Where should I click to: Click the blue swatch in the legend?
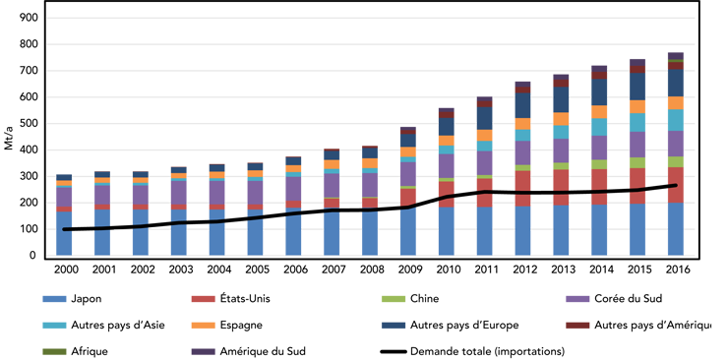point(35,299)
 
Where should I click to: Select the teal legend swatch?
point(35,325)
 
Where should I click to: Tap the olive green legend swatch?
point(35,347)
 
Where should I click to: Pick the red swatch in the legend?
point(197,297)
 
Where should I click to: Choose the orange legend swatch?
point(197,325)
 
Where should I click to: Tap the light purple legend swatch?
point(565,296)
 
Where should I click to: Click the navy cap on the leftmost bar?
point(65,171)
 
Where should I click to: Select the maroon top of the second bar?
point(101,166)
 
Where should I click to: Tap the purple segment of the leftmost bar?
point(65,195)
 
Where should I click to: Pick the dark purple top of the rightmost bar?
point(674,54)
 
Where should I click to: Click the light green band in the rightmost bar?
point(674,161)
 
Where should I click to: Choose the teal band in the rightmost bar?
point(674,119)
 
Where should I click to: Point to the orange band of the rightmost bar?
point(674,102)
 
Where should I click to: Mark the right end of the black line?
point(674,184)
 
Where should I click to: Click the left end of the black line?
point(65,229)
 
